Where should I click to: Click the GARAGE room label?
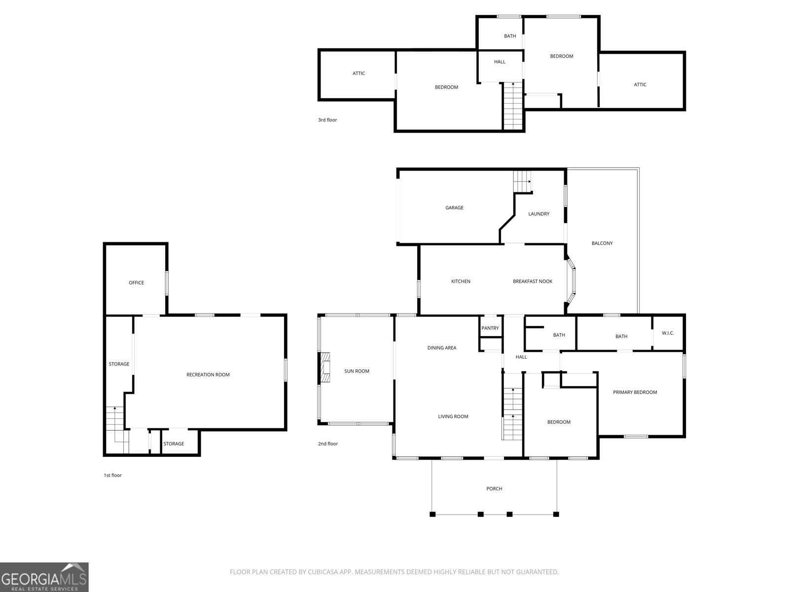[454, 208]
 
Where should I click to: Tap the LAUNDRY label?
[538, 214]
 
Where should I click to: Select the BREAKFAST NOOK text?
[533, 281]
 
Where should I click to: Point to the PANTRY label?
[490, 328]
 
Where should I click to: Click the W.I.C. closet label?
[668, 333]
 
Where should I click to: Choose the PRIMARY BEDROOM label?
[635, 392]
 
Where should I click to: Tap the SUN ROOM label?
[357, 371]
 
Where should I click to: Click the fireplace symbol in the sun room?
[325, 368]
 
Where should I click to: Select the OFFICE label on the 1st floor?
[136, 283]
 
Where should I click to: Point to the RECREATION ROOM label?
[208, 375]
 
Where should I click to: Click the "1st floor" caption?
[112, 475]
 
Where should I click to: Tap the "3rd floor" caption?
[327, 120]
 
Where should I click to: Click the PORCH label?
[494, 489]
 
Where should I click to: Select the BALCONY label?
[602, 243]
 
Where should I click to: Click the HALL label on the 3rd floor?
[499, 62]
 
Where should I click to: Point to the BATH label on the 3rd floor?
[510, 36]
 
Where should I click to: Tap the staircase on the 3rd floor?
[512, 106]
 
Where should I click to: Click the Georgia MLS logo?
[44, 577]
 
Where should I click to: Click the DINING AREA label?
[441, 348]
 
